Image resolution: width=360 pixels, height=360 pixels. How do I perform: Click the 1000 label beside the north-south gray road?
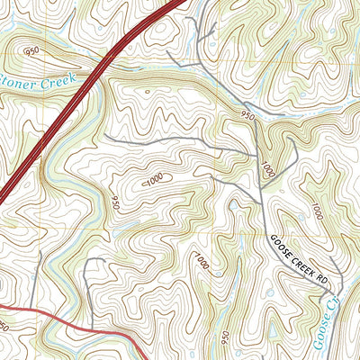[267, 168]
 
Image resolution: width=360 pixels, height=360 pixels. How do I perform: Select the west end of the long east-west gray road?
[106, 135]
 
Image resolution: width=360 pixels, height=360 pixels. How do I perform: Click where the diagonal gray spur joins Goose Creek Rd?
[260, 200]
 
